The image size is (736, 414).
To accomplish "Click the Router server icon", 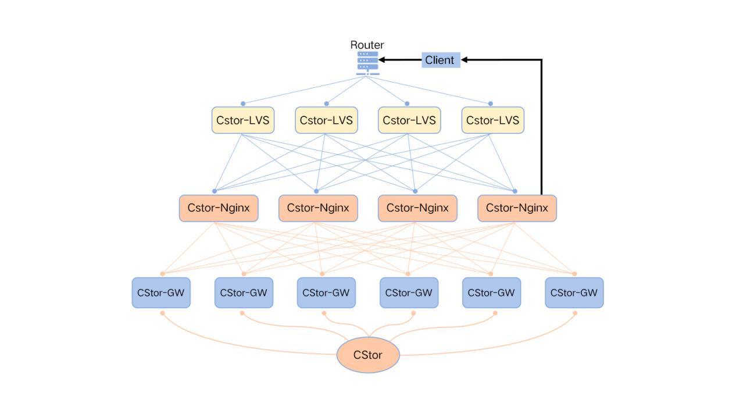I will (x=367, y=63).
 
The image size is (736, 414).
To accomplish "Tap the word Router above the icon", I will (x=367, y=45).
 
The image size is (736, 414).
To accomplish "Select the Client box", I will (x=440, y=60).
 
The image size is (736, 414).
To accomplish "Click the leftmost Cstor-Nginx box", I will (x=219, y=208).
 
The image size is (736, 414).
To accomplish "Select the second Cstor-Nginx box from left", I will (x=318, y=208).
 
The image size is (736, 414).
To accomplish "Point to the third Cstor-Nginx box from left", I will (x=417, y=208).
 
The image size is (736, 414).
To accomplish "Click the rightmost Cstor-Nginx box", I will (x=517, y=208).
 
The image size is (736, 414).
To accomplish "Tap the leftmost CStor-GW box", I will (x=160, y=292).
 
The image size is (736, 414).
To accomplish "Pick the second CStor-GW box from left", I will (x=244, y=292).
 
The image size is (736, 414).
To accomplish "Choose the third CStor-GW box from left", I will (x=326, y=292).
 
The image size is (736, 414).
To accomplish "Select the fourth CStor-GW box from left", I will (x=409, y=292).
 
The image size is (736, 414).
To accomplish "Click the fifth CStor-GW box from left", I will (x=491, y=292).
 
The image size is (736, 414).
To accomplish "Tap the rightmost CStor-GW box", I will (x=574, y=292).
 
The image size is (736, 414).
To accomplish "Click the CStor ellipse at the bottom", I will (x=368, y=355).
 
